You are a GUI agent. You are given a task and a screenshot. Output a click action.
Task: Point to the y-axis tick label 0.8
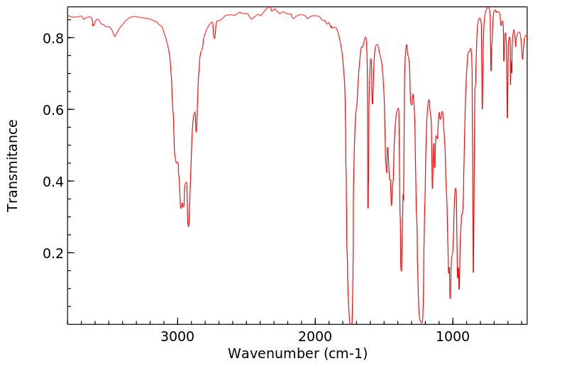(55, 38)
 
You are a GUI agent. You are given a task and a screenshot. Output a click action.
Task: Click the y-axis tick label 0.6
(55, 109)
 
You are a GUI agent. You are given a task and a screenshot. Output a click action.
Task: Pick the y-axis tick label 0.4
(55, 181)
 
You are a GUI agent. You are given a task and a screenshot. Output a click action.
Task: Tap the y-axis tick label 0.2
(55, 253)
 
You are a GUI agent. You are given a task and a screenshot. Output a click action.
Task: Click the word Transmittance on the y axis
(13, 165)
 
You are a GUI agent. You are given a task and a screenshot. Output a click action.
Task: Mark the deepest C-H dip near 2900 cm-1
(188, 226)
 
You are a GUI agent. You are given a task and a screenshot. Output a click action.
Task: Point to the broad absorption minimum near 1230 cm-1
(422, 321)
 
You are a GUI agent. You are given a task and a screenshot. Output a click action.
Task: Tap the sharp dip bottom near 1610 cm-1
(368, 207)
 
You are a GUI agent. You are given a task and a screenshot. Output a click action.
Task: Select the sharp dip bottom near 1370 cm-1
(402, 270)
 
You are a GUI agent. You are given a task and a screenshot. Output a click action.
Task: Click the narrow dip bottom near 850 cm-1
(473, 272)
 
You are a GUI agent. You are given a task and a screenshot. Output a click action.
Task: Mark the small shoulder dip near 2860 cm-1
(197, 131)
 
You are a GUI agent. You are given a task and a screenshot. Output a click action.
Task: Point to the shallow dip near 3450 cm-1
(115, 36)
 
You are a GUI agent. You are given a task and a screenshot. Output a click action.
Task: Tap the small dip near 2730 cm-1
(214, 38)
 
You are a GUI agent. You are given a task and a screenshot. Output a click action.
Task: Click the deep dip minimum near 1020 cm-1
(450, 297)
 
